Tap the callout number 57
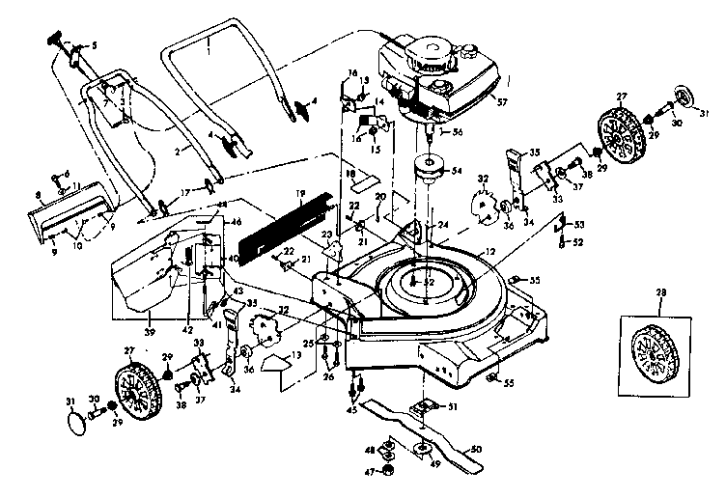pyautogui.click(x=499, y=97)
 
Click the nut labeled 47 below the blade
pyautogui.click(x=388, y=470)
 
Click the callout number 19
pyautogui.click(x=300, y=195)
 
